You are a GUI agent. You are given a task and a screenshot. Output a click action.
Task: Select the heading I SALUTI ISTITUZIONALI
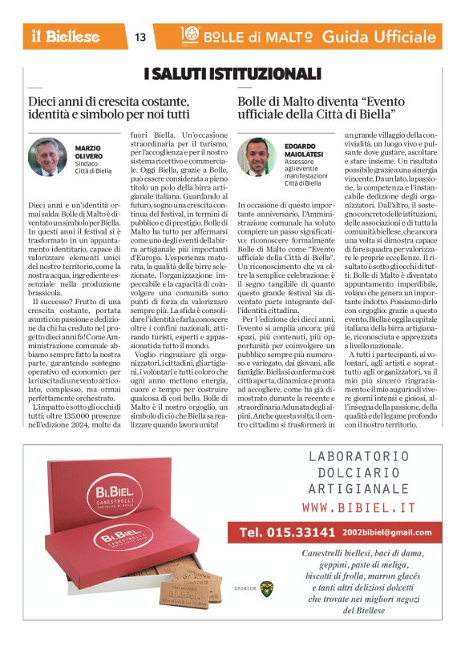click(x=232, y=74)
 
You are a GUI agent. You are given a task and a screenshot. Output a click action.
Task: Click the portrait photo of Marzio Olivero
click(x=48, y=157)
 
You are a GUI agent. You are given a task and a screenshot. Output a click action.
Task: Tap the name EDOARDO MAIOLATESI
click(x=302, y=148)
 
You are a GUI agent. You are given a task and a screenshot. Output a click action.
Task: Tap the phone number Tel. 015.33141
click(x=287, y=532)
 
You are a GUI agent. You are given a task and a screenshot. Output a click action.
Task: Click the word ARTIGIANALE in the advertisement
click(x=358, y=488)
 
